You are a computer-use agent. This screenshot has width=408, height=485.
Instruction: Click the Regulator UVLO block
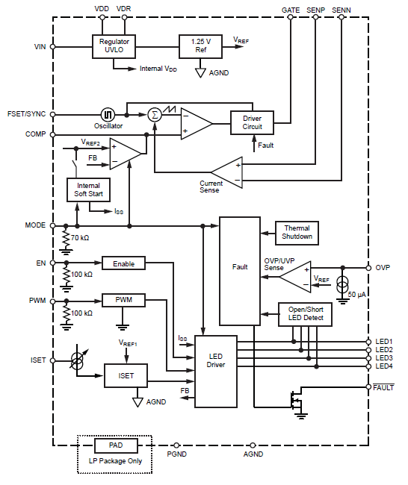tap(114, 46)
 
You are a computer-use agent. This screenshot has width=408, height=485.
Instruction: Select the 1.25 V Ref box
tap(200, 46)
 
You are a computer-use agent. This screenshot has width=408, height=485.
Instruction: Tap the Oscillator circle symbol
tap(108, 115)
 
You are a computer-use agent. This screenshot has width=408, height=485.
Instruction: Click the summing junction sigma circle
tap(155, 115)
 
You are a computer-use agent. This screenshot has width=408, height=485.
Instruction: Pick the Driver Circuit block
tap(252, 123)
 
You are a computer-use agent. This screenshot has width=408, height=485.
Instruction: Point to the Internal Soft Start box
tap(88, 190)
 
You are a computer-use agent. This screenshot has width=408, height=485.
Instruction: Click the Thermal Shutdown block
tap(297, 233)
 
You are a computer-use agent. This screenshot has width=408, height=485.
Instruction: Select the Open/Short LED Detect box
tap(305, 314)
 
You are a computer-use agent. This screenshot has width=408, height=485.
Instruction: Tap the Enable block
tap(123, 263)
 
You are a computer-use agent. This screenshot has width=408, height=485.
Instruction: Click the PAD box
tap(116, 445)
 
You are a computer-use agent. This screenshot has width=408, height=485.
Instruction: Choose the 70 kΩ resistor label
tap(80, 238)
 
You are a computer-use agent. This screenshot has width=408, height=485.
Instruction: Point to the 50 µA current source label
tap(357, 295)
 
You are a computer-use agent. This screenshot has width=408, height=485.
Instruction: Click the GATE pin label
tap(291, 10)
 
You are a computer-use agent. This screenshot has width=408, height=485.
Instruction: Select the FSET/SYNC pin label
tap(26, 114)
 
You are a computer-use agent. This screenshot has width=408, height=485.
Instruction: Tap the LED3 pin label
tap(384, 358)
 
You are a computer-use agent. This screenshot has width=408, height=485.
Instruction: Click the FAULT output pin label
tap(383, 387)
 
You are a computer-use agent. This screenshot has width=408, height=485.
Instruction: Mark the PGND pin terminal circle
tap(176, 445)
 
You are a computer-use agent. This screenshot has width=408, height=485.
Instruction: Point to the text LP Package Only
tap(115, 461)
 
